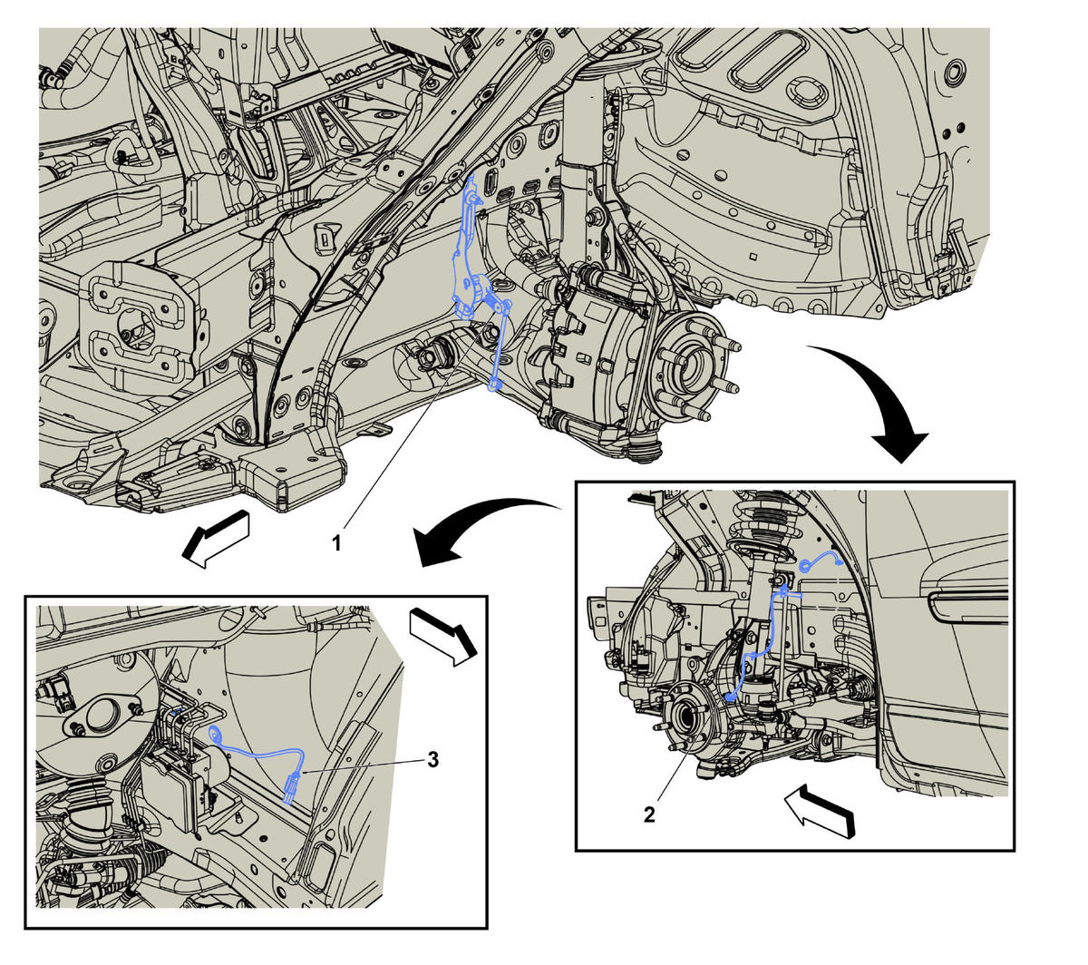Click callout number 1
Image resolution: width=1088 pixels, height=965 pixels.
(336, 543)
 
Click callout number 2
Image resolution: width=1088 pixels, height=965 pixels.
(649, 814)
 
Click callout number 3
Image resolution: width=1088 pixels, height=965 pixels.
(432, 759)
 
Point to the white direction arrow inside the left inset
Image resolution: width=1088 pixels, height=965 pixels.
(443, 637)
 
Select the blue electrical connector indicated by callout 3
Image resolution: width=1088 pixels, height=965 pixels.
(292, 785)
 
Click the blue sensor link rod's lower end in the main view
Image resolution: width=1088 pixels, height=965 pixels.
(495, 384)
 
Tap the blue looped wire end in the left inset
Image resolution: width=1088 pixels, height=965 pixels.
(216, 734)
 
